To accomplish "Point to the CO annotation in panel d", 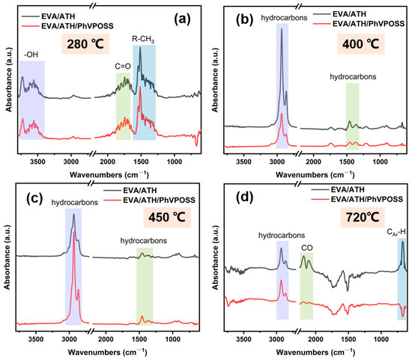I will [307, 245].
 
